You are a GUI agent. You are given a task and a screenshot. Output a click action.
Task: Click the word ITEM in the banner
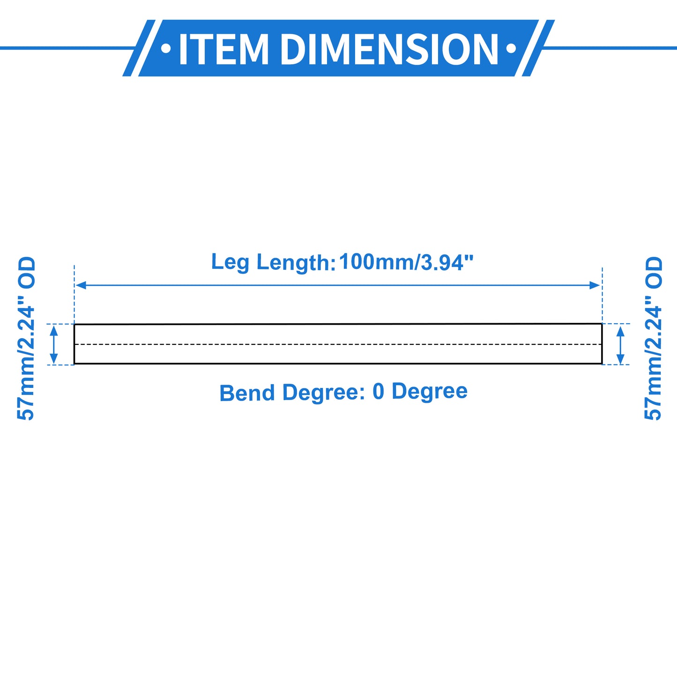224,49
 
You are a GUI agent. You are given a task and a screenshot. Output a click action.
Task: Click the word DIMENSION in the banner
389,49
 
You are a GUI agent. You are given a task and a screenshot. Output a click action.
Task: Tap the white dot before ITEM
166,48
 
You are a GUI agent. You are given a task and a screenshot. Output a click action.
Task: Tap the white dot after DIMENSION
511,48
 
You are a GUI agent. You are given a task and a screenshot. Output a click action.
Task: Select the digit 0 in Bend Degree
378,392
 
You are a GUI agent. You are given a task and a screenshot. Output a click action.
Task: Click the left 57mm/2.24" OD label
26,338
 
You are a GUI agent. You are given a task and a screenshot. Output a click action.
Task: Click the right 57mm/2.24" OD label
653,338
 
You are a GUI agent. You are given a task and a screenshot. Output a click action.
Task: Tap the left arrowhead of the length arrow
81,285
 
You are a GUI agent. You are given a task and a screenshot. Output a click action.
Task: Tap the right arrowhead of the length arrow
595,285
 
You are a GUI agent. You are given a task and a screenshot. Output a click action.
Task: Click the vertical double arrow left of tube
54,344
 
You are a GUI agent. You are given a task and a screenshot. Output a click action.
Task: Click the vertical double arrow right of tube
620,345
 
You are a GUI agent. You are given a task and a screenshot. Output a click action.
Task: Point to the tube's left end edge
74,344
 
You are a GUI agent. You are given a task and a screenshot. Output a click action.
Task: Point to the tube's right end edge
602,343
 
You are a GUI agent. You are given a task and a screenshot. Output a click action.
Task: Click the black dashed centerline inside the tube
338,344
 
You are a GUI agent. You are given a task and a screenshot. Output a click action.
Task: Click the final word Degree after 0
429,392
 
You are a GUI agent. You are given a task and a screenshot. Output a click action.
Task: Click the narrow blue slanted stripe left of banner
139,48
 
